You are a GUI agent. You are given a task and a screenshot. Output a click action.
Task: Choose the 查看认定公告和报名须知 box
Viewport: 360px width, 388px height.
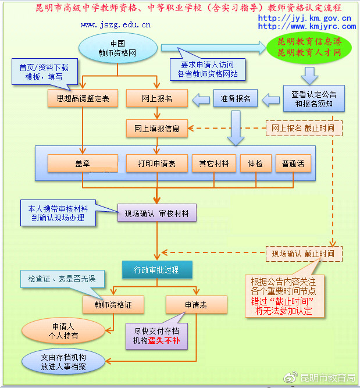tap(314, 98)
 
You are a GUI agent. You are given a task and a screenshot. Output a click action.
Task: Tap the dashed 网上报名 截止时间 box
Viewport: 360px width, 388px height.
tap(303, 127)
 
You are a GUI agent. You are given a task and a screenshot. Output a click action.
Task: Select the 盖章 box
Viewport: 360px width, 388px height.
tap(82, 163)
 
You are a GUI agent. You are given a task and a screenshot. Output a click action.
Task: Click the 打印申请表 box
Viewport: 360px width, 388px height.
tap(157, 163)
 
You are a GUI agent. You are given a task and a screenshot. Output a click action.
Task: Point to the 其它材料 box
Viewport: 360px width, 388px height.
tap(214, 163)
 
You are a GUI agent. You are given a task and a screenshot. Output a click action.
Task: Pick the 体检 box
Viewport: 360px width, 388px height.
tap(256, 163)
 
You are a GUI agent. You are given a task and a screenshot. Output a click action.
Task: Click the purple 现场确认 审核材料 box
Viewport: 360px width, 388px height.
tap(157, 213)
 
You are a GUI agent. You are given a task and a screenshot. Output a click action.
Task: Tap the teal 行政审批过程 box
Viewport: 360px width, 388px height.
tap(156, 270)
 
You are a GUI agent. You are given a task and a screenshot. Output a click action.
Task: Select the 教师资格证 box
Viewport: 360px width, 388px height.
tap(112, 304)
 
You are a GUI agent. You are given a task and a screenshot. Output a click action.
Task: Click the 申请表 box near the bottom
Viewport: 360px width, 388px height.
tap(196, 304)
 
